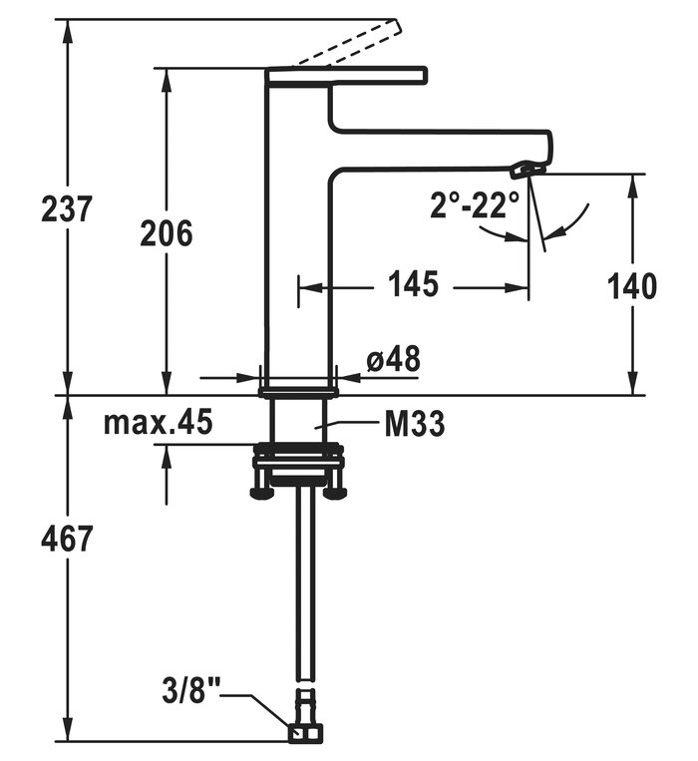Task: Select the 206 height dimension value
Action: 166,233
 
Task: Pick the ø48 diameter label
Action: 392,359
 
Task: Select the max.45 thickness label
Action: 159,423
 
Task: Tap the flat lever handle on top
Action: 346,75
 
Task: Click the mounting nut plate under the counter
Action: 298,464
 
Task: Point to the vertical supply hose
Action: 300,598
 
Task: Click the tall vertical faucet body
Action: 296,249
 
